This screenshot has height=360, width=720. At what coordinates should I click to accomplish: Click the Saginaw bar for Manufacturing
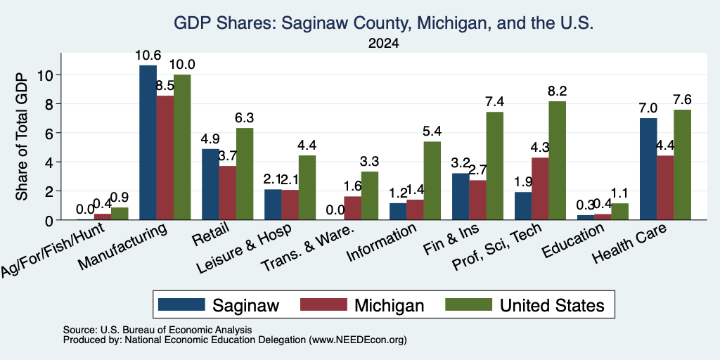(x=148, y=142)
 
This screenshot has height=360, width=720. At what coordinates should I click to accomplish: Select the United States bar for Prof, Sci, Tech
(x=557, y=160)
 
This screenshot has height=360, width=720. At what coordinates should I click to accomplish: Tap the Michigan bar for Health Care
(x=665, y=188)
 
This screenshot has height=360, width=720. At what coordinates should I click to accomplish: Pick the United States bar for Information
(x=432, y=181)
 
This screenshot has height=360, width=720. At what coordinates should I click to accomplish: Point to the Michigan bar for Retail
(x=227, y=193)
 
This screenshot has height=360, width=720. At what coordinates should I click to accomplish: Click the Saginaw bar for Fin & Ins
(x=461, y=197)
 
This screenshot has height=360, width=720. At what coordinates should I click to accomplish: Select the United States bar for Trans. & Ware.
(x=370, y=195)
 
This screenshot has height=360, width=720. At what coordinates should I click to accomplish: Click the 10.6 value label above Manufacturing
(x=148, y=56)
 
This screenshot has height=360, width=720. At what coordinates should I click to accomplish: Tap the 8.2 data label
(x=557, y=91)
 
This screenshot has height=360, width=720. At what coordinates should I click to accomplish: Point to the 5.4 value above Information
(x=432, y=131)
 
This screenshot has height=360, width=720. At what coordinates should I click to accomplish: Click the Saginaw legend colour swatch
(x=181, y=304)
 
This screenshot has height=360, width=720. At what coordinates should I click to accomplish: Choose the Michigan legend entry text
(x=390, y=305)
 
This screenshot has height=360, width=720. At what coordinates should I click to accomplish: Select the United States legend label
(x=552, y=305)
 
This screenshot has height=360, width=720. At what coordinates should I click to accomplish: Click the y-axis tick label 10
(x=47, y=75)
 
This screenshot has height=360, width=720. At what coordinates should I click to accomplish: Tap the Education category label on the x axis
(x=573, y=241)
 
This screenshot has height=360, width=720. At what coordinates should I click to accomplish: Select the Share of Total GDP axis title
(x=22, y=136)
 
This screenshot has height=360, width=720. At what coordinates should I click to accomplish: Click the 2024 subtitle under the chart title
(x=383, y=44)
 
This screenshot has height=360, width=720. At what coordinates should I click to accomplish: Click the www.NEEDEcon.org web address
(x=358, y=340)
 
